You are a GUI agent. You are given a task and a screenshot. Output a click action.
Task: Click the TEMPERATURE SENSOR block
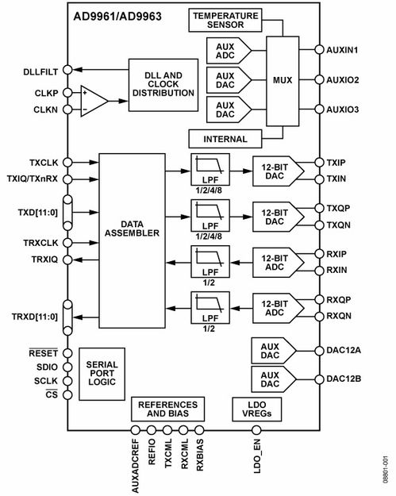225,21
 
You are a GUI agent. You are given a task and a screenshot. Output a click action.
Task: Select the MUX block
283,81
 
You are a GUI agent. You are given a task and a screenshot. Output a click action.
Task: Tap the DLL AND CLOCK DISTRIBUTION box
163,85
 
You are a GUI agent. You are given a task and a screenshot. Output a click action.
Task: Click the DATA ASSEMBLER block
132,240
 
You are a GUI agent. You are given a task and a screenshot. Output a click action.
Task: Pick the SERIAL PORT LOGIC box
102,374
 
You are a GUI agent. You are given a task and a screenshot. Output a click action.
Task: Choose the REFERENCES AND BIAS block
167,409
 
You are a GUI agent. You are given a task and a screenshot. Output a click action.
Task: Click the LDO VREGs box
257,409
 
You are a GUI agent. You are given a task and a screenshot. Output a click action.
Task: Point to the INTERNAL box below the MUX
225,139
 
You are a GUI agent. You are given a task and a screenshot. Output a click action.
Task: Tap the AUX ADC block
229,51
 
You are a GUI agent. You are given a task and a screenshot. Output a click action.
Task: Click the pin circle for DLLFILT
67,70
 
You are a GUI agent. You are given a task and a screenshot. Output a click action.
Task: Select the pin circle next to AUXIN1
320,50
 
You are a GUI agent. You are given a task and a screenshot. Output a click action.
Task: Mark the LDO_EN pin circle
256,430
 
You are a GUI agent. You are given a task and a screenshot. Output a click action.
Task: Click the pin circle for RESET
67,353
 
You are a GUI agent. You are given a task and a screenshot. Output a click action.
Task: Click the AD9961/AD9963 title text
117,17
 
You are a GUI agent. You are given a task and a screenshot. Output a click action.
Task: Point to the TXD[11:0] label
38,212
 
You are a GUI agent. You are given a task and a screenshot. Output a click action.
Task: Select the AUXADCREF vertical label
136,466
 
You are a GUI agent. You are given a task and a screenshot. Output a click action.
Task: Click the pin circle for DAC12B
320,379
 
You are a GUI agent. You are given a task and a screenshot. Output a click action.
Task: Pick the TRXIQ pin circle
67,260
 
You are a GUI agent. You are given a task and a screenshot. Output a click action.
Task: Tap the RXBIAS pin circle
199,430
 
